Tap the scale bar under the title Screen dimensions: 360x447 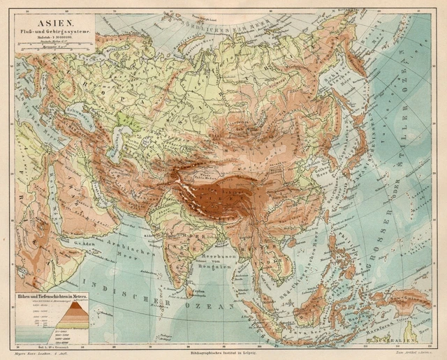coord(54,45)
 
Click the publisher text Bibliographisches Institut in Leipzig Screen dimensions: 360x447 coord(223,354)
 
